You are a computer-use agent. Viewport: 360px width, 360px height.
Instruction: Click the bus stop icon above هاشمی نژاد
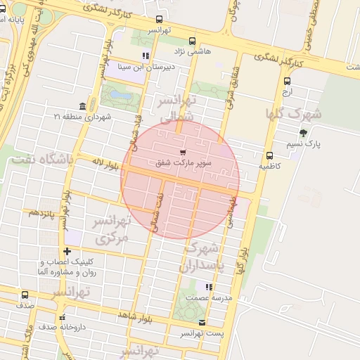(193, 41)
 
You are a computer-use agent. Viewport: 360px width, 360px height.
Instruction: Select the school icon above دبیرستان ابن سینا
(146, 56)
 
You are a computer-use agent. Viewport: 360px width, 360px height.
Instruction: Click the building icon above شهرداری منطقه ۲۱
(83, 106)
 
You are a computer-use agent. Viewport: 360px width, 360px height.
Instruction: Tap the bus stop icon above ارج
(286, 82)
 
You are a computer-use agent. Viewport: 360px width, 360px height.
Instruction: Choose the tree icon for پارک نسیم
(303, 133)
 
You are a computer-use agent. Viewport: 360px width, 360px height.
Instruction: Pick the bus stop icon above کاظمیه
(269, 156)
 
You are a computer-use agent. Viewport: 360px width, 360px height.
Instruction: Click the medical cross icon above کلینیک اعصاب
(67, 251)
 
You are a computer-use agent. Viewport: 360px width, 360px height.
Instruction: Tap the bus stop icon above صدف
(25, 295)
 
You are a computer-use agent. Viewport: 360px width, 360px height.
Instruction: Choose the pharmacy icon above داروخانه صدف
(62, 316)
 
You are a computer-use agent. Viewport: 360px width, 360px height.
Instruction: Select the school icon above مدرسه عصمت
(208, 287)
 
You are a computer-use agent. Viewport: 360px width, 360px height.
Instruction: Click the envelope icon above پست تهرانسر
(202, 323)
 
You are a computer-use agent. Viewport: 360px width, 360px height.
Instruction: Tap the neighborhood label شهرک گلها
(293, 114)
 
